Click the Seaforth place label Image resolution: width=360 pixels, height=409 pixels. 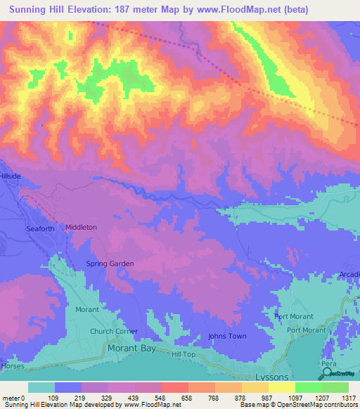click(x=41, y=228)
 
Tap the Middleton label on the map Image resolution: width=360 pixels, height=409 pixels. click(x=81, y=228)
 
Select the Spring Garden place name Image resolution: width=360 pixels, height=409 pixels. click(x=110, y=264)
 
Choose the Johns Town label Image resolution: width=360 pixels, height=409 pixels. click(x=227, y=336)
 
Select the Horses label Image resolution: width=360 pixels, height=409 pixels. click(x=12, y=366)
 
